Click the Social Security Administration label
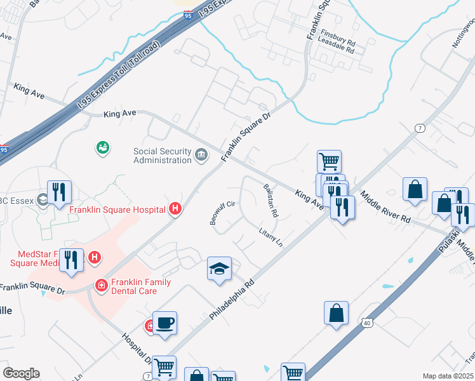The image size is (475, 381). [x=162, y=156]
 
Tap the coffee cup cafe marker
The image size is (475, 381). [x=164, y=323]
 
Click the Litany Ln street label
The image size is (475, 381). [x=270, y=238]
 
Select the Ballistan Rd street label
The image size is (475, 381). [x=271, y=200]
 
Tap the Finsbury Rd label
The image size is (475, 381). [x=338, y=32]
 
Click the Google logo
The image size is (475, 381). [x=20, y=373]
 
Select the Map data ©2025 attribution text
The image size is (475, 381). [x=447, y=376]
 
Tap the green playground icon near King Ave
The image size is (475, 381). [x=103, y=148]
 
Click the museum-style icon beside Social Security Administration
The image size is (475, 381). [x=201, y=154]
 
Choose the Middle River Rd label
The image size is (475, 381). [x=385, y=207]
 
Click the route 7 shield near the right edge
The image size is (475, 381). [x=420, y=128]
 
